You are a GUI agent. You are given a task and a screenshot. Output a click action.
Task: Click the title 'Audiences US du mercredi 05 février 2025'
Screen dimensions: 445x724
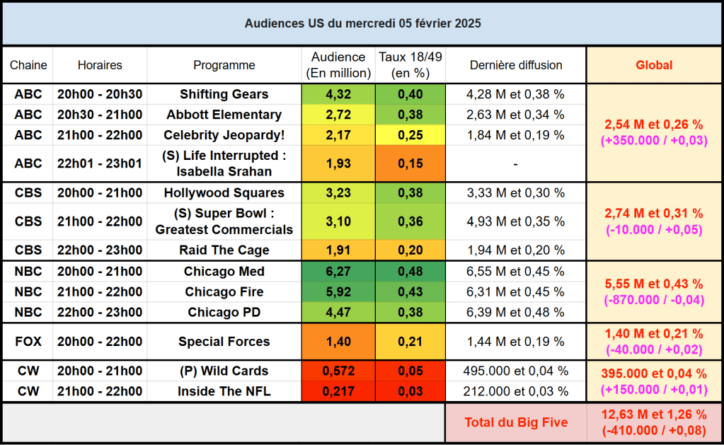pos(362,23)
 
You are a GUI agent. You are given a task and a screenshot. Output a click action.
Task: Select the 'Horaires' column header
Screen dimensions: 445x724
pos(100,65)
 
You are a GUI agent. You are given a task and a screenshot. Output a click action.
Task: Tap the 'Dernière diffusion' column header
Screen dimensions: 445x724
pos(516,65)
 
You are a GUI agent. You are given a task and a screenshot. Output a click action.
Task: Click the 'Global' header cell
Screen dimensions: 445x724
pos(654,65)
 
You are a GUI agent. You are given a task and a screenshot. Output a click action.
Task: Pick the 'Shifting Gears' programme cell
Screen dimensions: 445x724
pos(224,94)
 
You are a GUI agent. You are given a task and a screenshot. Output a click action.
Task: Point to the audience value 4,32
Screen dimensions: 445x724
pos(338,94)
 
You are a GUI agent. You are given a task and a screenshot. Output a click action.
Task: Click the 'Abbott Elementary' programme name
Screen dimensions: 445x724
pos(224,115)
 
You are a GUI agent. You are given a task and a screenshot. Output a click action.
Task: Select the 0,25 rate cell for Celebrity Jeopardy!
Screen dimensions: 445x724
pos(410,134)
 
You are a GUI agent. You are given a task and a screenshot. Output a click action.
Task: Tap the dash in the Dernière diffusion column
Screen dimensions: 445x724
pos(516,163)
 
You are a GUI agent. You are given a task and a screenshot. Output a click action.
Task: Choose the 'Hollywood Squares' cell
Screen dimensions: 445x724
pos(224,192)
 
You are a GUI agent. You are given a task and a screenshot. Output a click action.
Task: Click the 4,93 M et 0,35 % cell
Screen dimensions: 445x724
pos(516,221)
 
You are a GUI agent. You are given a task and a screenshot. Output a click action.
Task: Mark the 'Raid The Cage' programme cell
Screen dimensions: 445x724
pos(224,250)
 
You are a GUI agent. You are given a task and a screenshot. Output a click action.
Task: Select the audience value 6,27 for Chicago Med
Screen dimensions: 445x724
pos(338,272)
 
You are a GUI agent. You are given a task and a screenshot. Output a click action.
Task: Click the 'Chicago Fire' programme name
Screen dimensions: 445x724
pos(224,292)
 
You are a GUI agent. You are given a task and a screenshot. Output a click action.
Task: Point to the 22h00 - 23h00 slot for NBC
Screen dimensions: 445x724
pos(100,313)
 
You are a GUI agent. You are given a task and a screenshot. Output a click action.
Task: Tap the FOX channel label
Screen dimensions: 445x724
pos(28,342)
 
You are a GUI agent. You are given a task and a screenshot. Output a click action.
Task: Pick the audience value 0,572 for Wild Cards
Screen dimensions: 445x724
pos(338,371)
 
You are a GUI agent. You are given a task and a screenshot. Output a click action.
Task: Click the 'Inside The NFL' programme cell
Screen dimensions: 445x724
pos(224,391)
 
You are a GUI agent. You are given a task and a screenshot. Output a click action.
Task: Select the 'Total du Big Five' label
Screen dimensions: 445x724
pos(516,422)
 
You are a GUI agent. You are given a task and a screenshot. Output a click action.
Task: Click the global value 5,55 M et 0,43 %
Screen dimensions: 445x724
pos(654,284)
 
